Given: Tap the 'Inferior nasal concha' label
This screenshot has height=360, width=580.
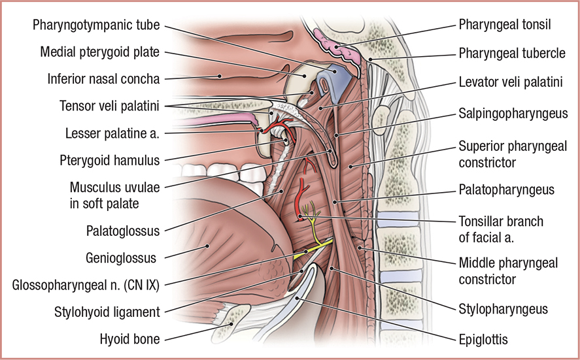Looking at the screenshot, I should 103,78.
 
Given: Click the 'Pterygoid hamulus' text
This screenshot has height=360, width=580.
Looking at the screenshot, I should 109,159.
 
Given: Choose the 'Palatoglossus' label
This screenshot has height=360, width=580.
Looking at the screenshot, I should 123,230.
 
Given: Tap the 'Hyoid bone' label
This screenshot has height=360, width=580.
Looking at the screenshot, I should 129,338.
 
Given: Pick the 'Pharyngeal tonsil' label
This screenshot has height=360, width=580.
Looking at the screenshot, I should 505,25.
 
